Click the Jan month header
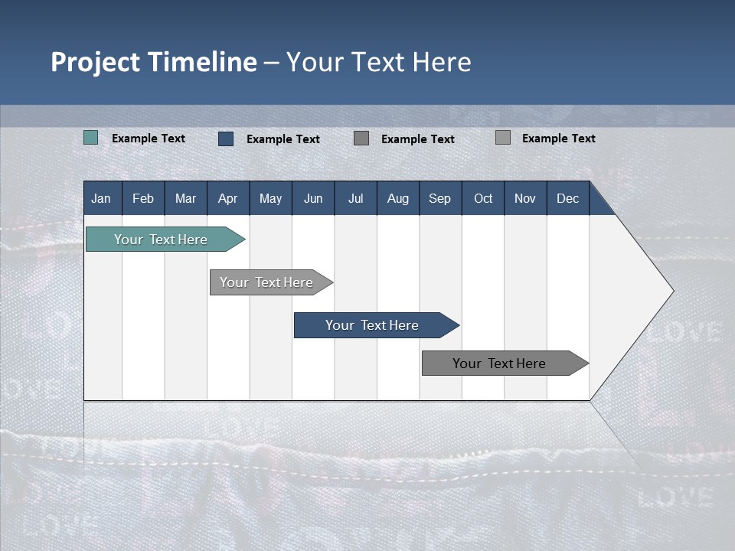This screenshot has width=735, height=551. click(102, 198)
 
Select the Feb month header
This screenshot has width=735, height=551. click(143, 198)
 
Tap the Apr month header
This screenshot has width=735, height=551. click(228, 198)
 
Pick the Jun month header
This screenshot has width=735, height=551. click(313, 198)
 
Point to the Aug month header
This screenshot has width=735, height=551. click(398, 198)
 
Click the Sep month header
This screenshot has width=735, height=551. click(440, 198)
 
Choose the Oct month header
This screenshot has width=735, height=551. click(483, 198)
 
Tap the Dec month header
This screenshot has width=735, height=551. click(568, 198)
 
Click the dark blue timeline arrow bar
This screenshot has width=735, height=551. click(373, 325)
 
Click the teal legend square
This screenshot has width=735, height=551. click(91, 138)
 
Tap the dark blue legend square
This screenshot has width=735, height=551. click(226, 139)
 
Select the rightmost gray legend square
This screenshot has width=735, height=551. click(503, 138)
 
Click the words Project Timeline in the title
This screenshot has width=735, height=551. click(154, 62)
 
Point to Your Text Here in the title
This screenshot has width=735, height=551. click(379, 62)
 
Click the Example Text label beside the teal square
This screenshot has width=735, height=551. click(149, 139)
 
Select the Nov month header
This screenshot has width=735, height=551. click(525, 198)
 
